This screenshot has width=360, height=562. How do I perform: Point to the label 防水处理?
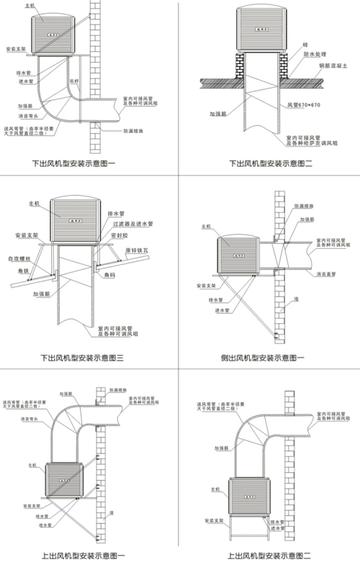tap(316, 55)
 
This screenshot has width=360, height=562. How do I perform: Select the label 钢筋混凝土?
tap(334, 65)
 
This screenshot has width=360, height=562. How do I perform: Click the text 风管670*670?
tap(303, 105)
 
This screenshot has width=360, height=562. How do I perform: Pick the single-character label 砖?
tap(305, 45)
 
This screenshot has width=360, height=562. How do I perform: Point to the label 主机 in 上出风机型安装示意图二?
tap(214, 489)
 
